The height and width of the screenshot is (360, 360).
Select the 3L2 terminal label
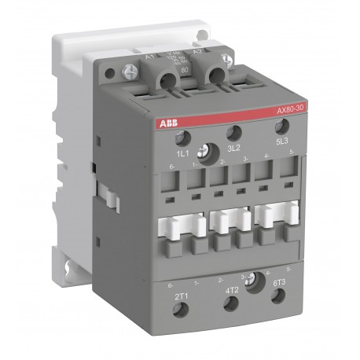point(233,147)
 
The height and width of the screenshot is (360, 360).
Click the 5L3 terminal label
point(284,141)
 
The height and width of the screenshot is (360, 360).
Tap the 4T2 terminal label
point(232,289)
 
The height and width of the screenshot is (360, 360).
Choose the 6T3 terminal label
point(278,283)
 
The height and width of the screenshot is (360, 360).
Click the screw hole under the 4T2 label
point(230,304)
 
